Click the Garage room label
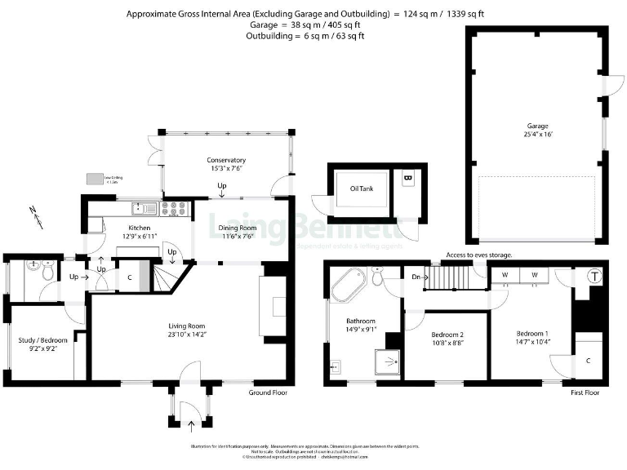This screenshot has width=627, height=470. (x=536, y=126)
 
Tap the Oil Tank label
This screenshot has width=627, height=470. (x=362, y=188)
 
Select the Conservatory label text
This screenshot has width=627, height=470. (x=226, y=160)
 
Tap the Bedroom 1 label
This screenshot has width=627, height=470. (x=533, y=334)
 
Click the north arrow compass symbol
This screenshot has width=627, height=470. (x=34, y=215)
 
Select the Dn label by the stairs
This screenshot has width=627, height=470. (x=416, y=277)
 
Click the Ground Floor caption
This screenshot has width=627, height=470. (x=268, y=392)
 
